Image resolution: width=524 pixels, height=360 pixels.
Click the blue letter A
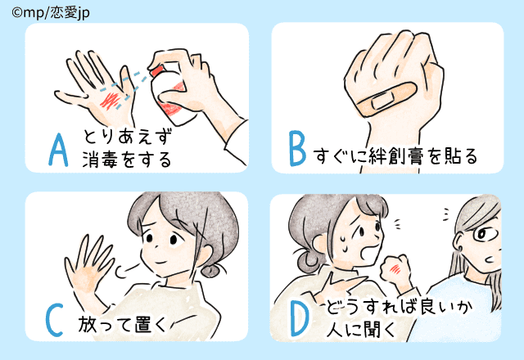pos(58,150)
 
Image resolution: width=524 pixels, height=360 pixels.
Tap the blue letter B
pos(297,149)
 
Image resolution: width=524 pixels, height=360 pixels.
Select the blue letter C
pos(55,320)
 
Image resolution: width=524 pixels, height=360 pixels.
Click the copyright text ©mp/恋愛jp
pos(51,13)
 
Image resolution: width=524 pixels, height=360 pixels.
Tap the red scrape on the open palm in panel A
pos(111,100)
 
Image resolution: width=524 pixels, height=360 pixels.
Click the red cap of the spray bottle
pos(156,70)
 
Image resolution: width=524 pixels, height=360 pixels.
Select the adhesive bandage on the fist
pos(387,99)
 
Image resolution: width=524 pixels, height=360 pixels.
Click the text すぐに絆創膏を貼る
pos(395,156)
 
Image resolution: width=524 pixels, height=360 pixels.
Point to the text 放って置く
pos(122,324)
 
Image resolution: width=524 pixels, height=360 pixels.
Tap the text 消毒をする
pos(127,159)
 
